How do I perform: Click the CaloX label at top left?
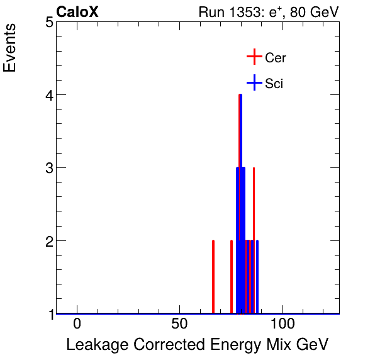coord(77,12)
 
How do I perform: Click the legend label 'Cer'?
coord(276,58)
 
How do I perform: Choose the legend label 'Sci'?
coord(274,83)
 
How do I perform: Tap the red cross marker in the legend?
coord(254,57)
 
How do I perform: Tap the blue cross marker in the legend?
coord(254,82)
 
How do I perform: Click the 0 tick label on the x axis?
coord(77,325)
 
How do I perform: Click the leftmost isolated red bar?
coord(213,277)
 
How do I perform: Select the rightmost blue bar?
coord(257,277)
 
